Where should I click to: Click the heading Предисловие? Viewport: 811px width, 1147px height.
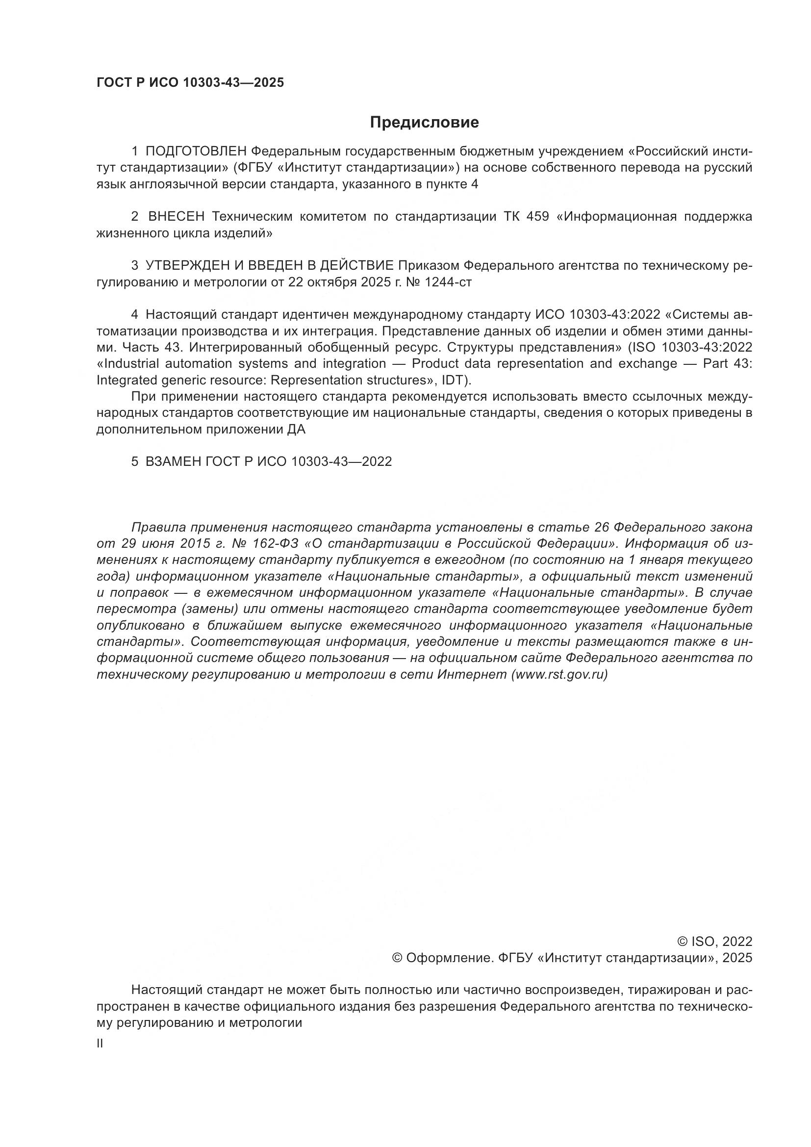coord(424,123)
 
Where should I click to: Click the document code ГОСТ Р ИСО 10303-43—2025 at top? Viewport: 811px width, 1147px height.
coord(190,83)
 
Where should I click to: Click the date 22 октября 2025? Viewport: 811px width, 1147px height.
coord(339,282)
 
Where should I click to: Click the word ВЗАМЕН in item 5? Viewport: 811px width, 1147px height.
coord(173,461)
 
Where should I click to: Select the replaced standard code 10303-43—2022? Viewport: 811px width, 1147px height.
coord(341,461)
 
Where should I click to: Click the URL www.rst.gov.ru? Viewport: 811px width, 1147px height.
coord(559,674)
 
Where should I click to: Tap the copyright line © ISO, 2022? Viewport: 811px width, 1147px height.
coord(714,942)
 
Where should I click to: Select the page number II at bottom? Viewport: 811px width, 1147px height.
coord(100,1044)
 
